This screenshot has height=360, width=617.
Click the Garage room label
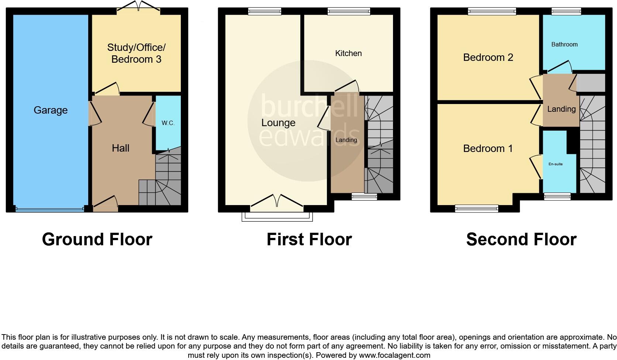point(51,110)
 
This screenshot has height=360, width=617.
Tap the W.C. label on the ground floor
point(168,123)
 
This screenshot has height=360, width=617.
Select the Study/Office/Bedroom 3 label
point(136,53)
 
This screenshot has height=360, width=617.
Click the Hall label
point(121,148)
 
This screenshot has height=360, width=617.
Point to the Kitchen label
point(348,53)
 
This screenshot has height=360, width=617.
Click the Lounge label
point(278,123)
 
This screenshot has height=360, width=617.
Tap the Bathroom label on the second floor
point(564,45)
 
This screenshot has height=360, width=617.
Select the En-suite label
point(555,164)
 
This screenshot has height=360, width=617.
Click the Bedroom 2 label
point(488,58)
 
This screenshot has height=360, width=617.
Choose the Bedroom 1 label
point(488,149)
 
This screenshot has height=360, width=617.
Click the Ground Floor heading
point(97,239)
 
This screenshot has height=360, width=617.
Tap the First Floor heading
point(309,239)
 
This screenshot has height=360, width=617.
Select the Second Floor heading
point(521,239)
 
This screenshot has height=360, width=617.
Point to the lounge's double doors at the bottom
point(277,201)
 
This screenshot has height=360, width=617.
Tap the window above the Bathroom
point(566,11)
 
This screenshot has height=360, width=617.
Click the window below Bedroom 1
point(476,209)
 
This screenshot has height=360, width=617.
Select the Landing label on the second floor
point(561,109)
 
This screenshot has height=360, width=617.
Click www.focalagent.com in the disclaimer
point(394,356)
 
